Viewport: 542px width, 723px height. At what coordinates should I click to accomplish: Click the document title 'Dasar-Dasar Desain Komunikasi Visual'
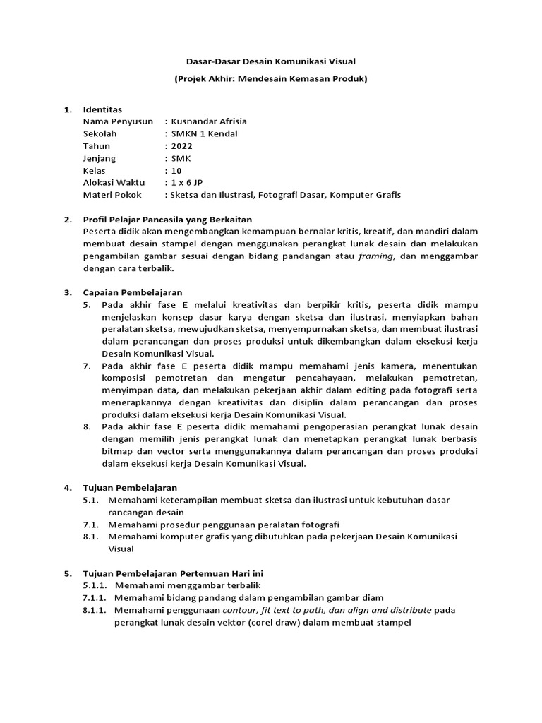[271, 62]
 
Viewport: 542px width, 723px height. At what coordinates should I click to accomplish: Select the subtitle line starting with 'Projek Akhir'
[271, 79]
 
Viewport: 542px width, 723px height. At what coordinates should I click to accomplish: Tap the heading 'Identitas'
[102, 109]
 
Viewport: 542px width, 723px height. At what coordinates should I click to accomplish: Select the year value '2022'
[181, 146]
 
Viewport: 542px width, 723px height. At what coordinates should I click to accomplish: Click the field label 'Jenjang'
[100, 158]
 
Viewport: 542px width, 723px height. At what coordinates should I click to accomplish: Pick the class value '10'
[176, 171]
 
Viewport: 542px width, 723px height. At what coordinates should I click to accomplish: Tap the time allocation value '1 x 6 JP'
[186, 183]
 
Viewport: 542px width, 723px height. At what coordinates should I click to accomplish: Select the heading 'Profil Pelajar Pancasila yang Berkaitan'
[167, 220]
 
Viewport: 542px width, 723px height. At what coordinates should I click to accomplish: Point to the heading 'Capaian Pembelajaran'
[133, 292]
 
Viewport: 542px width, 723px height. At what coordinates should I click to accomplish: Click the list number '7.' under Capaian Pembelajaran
[87, 366]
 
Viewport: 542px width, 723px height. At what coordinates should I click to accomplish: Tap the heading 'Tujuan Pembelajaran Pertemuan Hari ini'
[173, 573]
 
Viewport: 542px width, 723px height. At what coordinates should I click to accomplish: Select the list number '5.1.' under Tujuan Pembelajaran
[90, 500]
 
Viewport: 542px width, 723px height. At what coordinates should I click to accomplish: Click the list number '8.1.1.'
[95, 609]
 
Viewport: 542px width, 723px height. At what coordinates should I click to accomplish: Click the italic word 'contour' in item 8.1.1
[240, 609]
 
